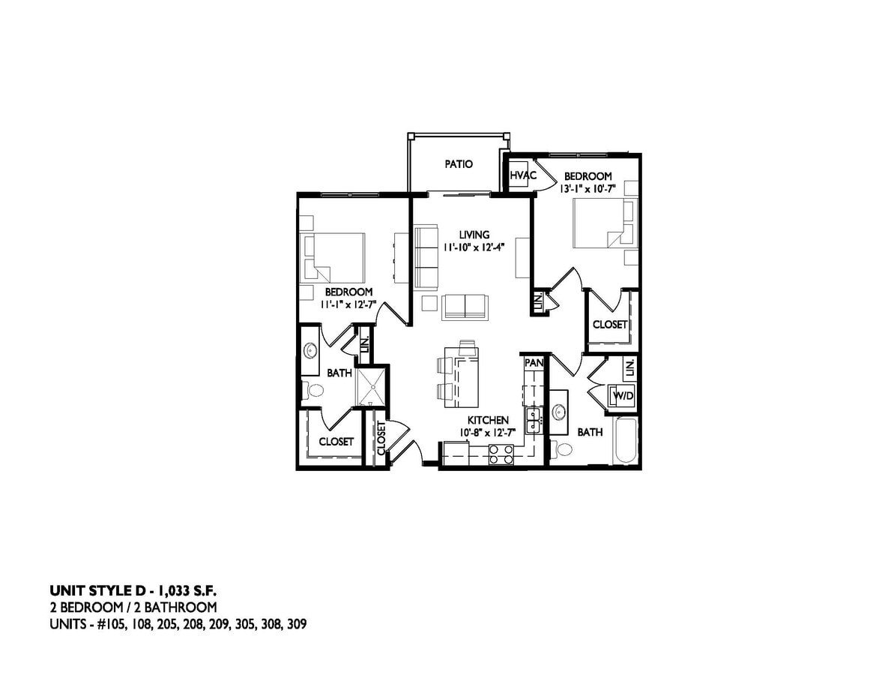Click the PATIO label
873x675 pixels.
[x=459, y=164]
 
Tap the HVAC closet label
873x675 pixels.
[x=523, y=175]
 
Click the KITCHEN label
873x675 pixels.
[x=488, y=420]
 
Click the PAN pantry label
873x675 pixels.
[x=533, y=363]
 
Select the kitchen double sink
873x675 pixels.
[x=534, y=419]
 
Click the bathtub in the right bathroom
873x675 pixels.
[x=626, y=442]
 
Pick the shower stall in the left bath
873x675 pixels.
[x=372, y=388]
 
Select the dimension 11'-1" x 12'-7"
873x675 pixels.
[x=348, y=304]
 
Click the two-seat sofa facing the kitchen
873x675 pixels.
[x=465, y=306]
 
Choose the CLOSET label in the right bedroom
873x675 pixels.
[x=609, y=325]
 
